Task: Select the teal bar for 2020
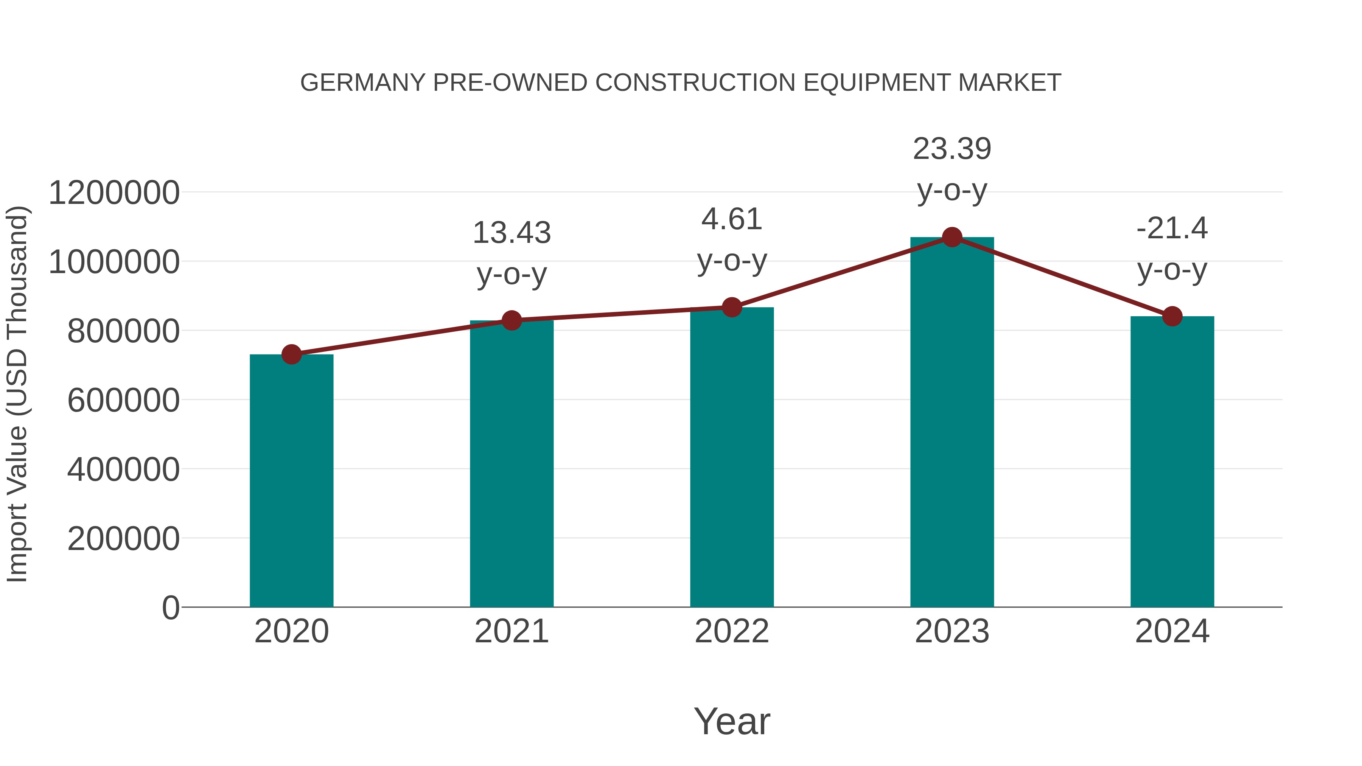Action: coord(291,481)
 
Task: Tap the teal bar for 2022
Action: coord(732,457)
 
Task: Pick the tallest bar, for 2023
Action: coord(952,423)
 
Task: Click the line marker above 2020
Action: coord(291,354)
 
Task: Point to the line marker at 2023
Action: coord(952,237)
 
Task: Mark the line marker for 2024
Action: coord(1172,316)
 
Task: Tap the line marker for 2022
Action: coord(732,307)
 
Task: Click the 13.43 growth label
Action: coord(511,233)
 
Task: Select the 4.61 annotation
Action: coord(732,219)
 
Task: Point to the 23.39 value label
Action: coord(952,149)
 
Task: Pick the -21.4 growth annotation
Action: coord(1172,228)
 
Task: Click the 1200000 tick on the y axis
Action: coord(113,193)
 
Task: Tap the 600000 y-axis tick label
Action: coord(123,400)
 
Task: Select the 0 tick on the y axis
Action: coord(171,608)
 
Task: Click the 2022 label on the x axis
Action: coord(732,631)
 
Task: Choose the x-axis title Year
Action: coord(732,721)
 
